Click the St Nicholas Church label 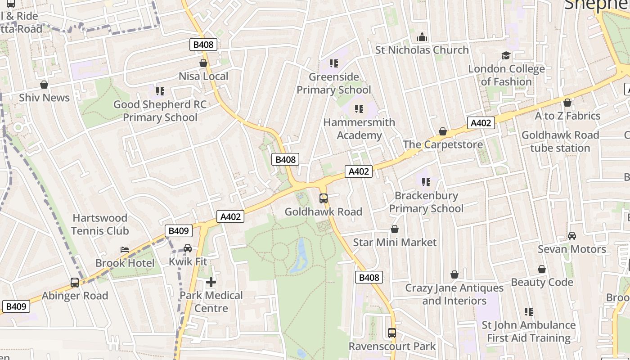(422, 50)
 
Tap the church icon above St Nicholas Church (422, 36)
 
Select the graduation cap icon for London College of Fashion (506, 55)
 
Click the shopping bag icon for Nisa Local (203, 63)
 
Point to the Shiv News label (44, 98)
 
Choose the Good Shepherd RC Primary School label (160, 111)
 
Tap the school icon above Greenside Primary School (333, 63)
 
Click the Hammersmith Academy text (359, 129)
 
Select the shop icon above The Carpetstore (443, 131)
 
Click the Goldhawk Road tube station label (560, 141)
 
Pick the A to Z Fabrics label (567, 116)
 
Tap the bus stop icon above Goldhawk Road (323, 198)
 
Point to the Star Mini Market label (394, 242)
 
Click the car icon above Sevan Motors (571, 236)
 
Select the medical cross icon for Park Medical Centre (211, 282)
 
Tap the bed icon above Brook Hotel (125, 249)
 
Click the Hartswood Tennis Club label (100, 224)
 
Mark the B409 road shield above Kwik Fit (178, 231)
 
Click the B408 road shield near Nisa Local (203, 44)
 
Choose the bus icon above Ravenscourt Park (392, 333)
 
